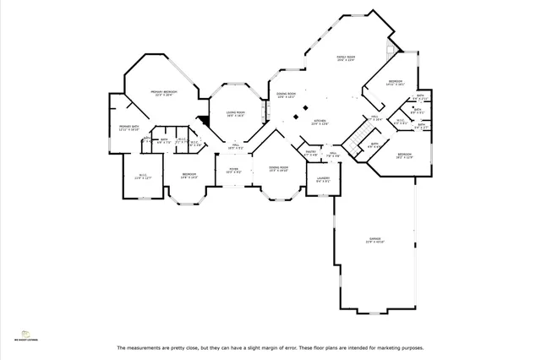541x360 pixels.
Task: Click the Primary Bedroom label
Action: (163, 92)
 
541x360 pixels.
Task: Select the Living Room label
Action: (235, 113)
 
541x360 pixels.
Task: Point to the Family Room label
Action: (345, 58)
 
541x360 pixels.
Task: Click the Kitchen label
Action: (320, 122)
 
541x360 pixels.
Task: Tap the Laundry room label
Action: (323, 178)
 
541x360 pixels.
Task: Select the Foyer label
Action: (233, 170)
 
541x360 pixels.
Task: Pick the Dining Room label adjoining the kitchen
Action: (286, 95)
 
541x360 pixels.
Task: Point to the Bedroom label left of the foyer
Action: (189, 175)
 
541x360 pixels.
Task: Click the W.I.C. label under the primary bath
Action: (144, 176)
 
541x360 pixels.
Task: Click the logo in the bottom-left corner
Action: (25, 335)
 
